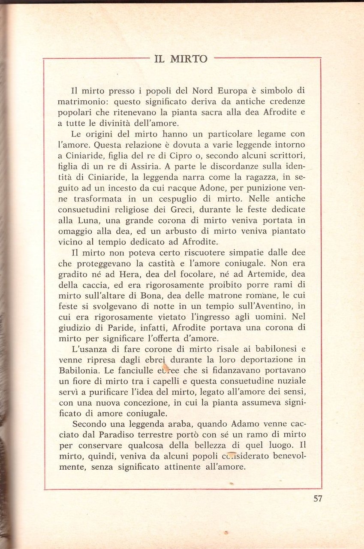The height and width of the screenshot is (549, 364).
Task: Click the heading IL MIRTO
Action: point(180,59)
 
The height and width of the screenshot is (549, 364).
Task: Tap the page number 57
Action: point(318,498)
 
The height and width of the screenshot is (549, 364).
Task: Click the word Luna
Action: point(86,221)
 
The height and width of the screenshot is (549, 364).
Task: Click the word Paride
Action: point(102,329)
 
